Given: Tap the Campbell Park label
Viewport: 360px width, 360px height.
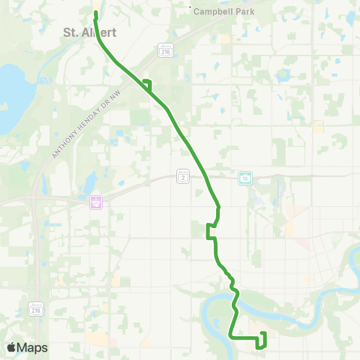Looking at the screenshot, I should point(224,12).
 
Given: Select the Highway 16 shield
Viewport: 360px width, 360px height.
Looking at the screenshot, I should point(244,177).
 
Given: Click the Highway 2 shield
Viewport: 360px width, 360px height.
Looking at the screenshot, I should point(182,175).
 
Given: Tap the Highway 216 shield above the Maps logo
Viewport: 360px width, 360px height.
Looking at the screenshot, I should point(35,309).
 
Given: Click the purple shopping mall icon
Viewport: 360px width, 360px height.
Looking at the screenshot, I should point(95,202).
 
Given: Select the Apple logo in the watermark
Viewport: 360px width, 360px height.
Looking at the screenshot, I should point(11,348).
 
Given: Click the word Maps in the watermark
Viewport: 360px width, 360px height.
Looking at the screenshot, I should point(33,348).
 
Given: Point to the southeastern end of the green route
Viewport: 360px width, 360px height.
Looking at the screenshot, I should point(262,334).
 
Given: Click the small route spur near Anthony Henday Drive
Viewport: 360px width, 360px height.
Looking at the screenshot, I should point(147,84).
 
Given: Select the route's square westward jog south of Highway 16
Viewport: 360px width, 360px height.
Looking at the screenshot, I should point(209,230).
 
